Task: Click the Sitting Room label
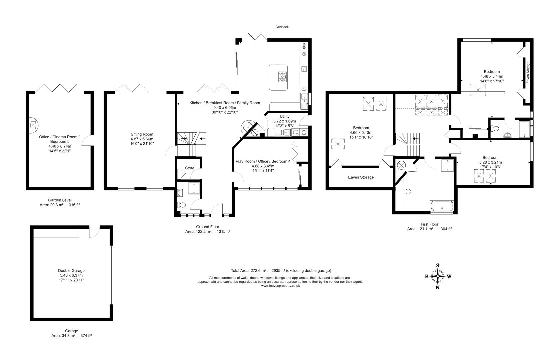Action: click(142, 134)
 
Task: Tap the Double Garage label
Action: click(71, 270)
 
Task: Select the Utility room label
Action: click(284, 117)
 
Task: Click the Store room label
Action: click(190, 168)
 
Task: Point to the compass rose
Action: click(437, 276)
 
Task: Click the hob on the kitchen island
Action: click(282, 77)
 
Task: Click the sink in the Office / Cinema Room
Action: click(34, 125)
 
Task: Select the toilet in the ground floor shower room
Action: click(181, 205)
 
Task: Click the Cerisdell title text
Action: click(282, 27)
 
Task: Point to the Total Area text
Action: click(281, 270)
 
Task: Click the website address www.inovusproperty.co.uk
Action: click(280, 286)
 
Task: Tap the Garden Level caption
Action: click(60, 200)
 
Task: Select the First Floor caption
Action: click(429, 224)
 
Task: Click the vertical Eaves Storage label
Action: click(528, 73)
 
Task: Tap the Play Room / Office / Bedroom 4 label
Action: click(263, 161)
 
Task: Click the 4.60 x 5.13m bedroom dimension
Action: click(361, 132)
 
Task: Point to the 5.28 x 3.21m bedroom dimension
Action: click(490, 162)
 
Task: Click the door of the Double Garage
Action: click(94, 232)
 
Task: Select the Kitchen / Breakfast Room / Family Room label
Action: click(225, 103)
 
